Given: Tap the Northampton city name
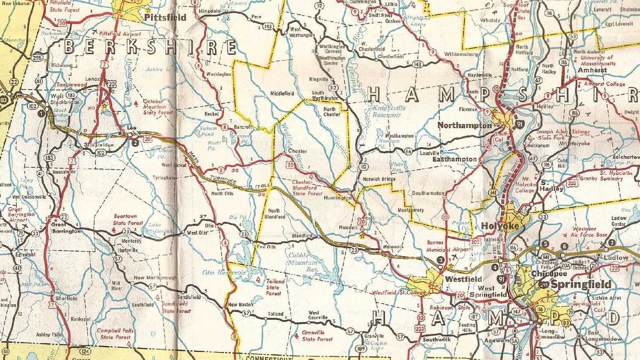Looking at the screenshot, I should coord(464,125).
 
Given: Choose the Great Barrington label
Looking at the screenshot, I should coord(66,228).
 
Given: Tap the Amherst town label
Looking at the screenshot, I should coord(591,70).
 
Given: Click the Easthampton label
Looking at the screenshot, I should coord(454,159).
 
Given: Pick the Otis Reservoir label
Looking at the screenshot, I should coord(223,273).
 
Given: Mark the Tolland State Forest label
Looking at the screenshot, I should coord(275,287).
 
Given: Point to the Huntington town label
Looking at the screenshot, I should coord(338,198).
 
